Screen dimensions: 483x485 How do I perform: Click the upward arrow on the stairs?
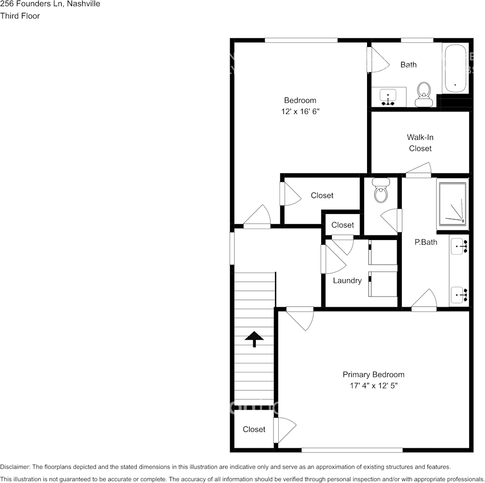click(x=254, y=339)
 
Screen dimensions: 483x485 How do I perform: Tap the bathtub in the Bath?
click(x=455, y=68)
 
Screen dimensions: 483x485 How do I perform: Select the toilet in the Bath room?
click(x=424, y=94)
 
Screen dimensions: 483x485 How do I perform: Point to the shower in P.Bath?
click(x=452, y=204)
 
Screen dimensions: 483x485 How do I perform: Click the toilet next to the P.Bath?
click(x=381, y=191)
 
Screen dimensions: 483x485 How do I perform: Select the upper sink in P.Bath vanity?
click(x=459, y=247)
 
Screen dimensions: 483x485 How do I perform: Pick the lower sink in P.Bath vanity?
click(x=459, y=295)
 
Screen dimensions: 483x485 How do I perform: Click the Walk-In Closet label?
click(x=420, y=143)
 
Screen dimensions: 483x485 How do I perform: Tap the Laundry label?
click(x=347, y=280)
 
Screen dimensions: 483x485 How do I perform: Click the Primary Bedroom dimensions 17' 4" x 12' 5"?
click(x=374, y=386)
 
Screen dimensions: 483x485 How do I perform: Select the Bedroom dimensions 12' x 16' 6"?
click(x=300, y=111)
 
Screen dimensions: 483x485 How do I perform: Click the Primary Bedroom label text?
click(x=374, y=375)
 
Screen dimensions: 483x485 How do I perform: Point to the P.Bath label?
click(x=425, y=242)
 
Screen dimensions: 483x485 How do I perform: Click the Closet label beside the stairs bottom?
click(x=254, y=429)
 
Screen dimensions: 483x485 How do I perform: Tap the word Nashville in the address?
click(x=83, y=4)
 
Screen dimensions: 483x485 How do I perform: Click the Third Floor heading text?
click(x=20, y=16)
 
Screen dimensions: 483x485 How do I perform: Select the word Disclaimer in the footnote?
click(x=15, y=467)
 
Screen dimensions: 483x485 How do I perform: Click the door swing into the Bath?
click(x=378, y=60)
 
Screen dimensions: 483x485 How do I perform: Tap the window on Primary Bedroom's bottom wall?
click(x=352, y=450)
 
